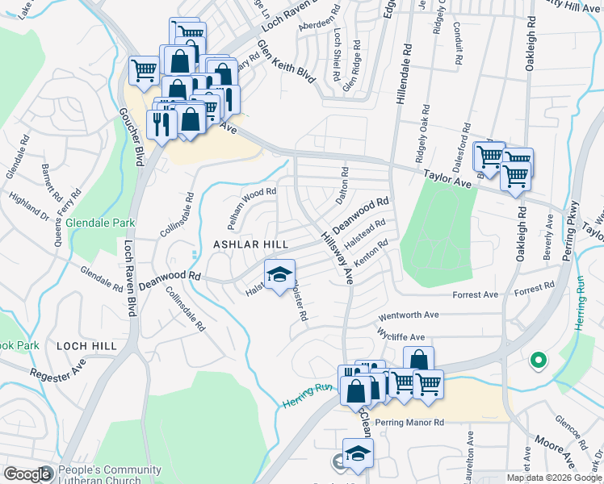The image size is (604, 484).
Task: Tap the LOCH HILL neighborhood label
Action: coord(86,345)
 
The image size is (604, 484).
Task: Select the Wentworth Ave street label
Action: coord(412,315)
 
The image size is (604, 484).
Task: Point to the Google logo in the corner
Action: coord(27,474)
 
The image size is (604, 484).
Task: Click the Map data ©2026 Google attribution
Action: coord(553,478)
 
